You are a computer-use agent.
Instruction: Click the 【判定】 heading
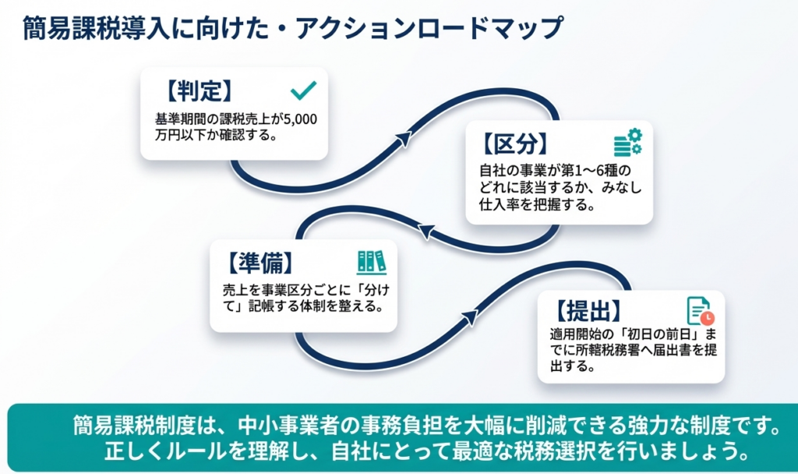point(199,92)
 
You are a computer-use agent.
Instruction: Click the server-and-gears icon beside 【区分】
point(627,143)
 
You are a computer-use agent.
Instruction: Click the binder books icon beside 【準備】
point(371,261)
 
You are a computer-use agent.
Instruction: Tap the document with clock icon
point(699,310)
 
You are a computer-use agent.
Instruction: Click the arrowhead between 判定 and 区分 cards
point(403,139)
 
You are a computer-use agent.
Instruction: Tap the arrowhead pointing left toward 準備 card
point(425,231)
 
